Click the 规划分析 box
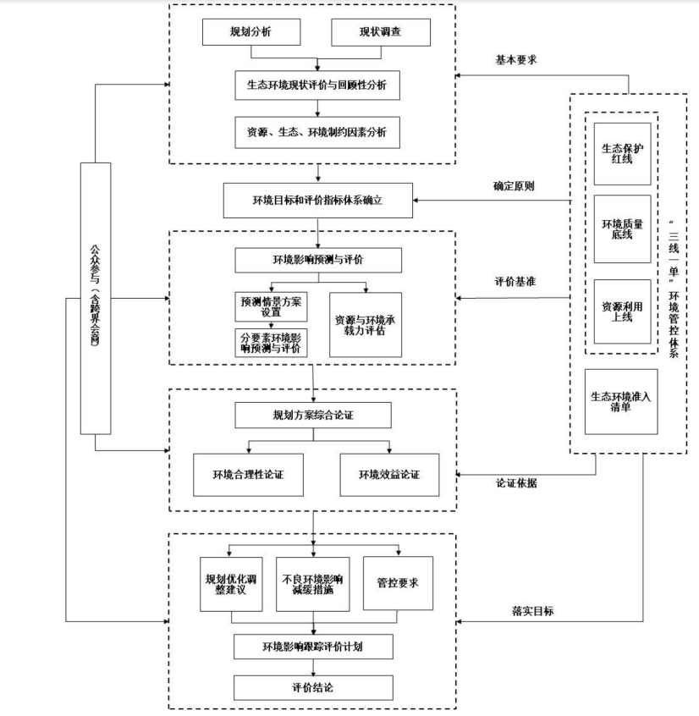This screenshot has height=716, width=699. (x=251, y=33)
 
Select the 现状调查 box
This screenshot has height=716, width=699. (x=381, y=33)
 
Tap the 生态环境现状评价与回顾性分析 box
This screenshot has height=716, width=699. (x=316, y=85)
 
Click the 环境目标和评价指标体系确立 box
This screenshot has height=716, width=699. (x=316, y=201)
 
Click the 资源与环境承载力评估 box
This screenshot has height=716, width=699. (x=366, y=324)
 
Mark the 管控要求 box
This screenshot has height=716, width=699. (x=397, y=583)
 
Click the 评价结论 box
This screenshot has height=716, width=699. (x=313, y=687)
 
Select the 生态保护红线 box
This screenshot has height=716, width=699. (x=622, y=154)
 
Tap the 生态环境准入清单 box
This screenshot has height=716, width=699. (x=622, y=401)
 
